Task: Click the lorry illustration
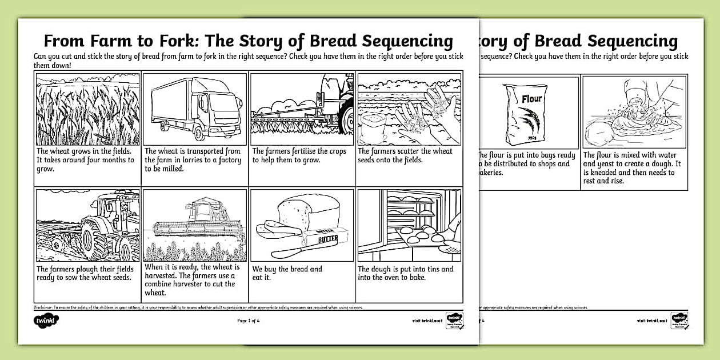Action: pyautogui.click(x=194, y=109)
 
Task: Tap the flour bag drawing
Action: pyautogui.click(x=525, y=113)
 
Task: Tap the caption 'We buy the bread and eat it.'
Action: pyautogui.click(x=287, y=273)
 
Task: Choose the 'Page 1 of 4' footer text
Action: pyautogui.click(x=249, y=321)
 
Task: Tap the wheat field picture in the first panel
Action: pyautogui.click(x=87, y=109)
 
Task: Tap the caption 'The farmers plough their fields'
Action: pyautogui.click(x=85, y=273)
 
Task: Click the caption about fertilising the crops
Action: pyautogui.click(x=299, y=155)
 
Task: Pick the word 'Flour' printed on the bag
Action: pyautogui.click(x=531, y=98)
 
